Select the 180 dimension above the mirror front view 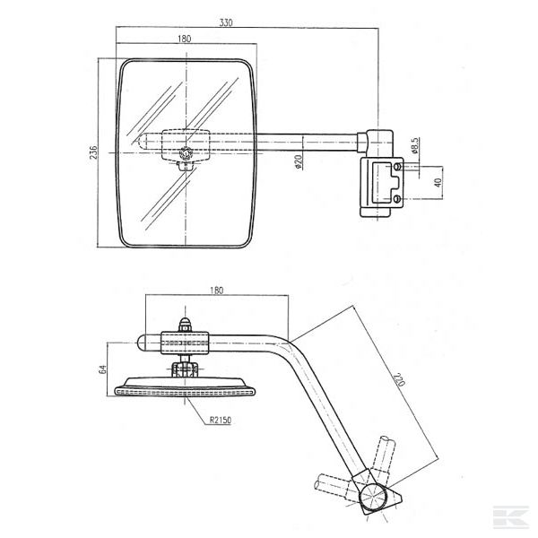click(x=185, y=39)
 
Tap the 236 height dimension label click(x=93, y=152)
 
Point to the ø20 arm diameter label click(x=297, y=161)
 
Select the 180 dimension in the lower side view click(x=215, y=291)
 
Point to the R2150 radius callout click(x=221, y=419)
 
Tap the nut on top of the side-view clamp click(x=185, y=325)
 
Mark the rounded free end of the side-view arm click(x=143, y=343)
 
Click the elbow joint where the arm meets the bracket click(x=376, y=143)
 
